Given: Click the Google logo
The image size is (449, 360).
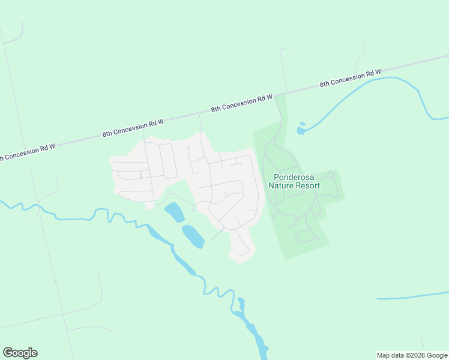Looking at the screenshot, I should [20, 353].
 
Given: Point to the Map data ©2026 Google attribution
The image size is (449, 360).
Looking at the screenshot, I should [412, 355].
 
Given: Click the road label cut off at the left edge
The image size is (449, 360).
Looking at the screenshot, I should [27, 152].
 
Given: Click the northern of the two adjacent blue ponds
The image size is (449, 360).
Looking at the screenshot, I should [174, 212].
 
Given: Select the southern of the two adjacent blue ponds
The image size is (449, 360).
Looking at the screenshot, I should [193, 236].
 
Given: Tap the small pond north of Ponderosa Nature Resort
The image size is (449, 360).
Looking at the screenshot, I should [301, 128].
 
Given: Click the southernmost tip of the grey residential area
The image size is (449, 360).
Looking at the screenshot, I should [240, 261].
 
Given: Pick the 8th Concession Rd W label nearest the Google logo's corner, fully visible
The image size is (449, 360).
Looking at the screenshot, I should [133, 127].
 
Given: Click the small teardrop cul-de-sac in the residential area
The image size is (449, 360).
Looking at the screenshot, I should [188, 148].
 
